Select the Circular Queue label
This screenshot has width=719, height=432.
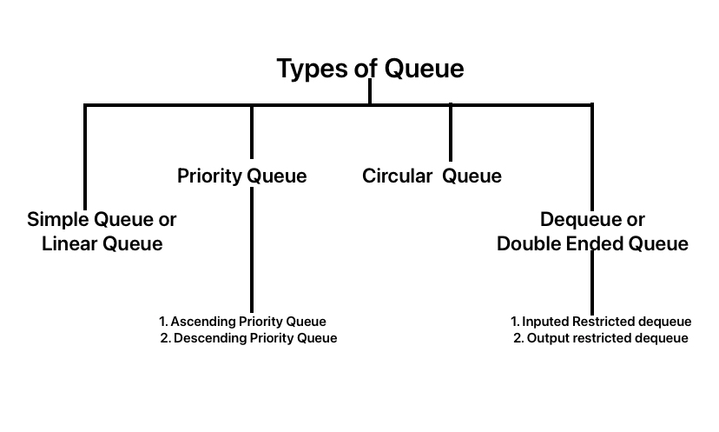tap(432, 176)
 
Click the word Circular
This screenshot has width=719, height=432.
tap(397, 176)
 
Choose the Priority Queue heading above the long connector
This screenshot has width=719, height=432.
tap(241, 176)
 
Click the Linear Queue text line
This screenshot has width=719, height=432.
tap(102, 244)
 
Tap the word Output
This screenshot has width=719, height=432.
tap(549, 338)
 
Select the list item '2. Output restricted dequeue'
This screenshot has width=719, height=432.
tap(601, 338)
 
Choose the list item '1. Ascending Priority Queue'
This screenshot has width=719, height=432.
tap(242, 322)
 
